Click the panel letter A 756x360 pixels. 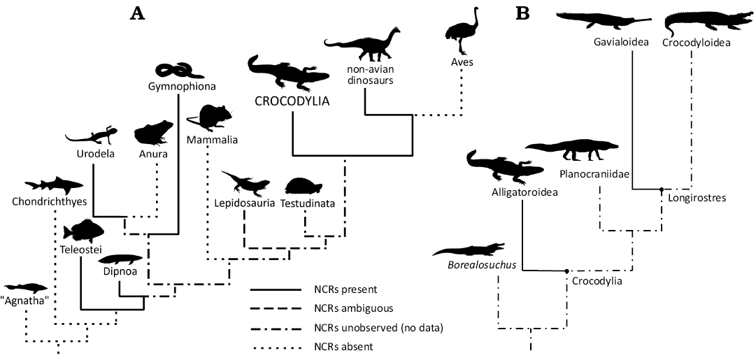138,13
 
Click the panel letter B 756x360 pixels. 522,13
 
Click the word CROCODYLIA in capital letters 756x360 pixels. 292,102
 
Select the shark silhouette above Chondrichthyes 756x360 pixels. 53,185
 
